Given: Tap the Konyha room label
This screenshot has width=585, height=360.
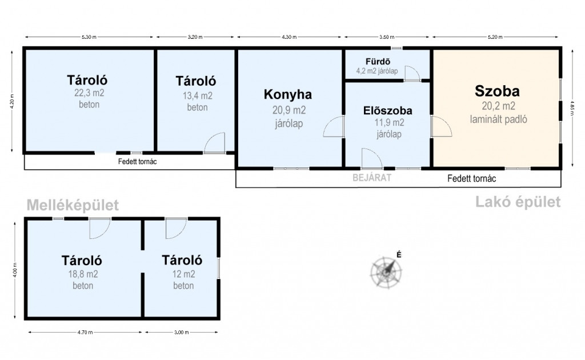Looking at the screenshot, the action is click(288, 94).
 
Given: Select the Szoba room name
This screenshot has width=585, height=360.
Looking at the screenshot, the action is click(497, 91).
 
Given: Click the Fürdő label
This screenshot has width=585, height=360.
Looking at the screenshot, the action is click(378, 62).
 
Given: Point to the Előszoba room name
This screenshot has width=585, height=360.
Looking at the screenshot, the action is click(388, 110).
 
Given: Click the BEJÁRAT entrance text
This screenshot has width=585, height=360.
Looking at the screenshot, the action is click(372, 178).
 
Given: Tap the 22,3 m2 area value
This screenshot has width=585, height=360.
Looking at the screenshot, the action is click(89, 93).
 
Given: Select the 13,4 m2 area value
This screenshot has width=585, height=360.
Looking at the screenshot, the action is click(197, 96).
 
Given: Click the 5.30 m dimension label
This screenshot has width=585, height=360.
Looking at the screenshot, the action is click(89, 37).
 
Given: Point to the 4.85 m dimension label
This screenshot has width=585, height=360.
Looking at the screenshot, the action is click(571, 108).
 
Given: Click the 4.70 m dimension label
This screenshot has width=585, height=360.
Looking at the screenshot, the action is click(85, 332).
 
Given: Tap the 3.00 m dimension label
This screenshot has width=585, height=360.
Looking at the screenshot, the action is click(181, 332).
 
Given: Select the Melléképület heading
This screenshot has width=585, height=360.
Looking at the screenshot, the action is click(73, 205).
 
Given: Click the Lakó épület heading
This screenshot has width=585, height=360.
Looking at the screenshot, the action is click(518, 202).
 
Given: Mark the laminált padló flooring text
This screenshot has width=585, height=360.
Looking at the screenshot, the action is click(498, 119).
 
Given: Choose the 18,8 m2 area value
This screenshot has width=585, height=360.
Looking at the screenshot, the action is click(83, 274).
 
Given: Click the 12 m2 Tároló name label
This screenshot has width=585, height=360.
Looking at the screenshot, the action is click(182, 260).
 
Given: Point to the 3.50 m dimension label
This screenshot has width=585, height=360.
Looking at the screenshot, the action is click(387, 37).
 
